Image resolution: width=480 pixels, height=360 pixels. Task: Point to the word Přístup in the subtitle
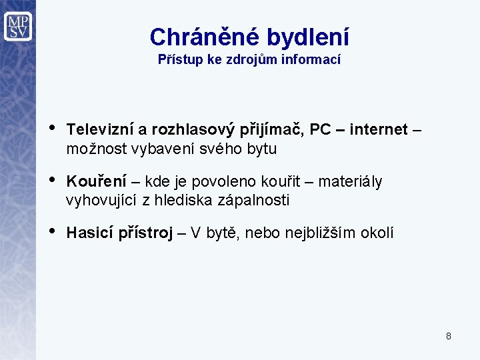coord(178,59)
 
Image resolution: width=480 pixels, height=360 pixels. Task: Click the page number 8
coord(449,336)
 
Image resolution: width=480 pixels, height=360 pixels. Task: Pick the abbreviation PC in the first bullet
coord(320,129)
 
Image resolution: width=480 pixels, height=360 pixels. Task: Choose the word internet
coord(378,129)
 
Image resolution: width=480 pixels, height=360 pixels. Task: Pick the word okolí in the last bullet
coord(377,233)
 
